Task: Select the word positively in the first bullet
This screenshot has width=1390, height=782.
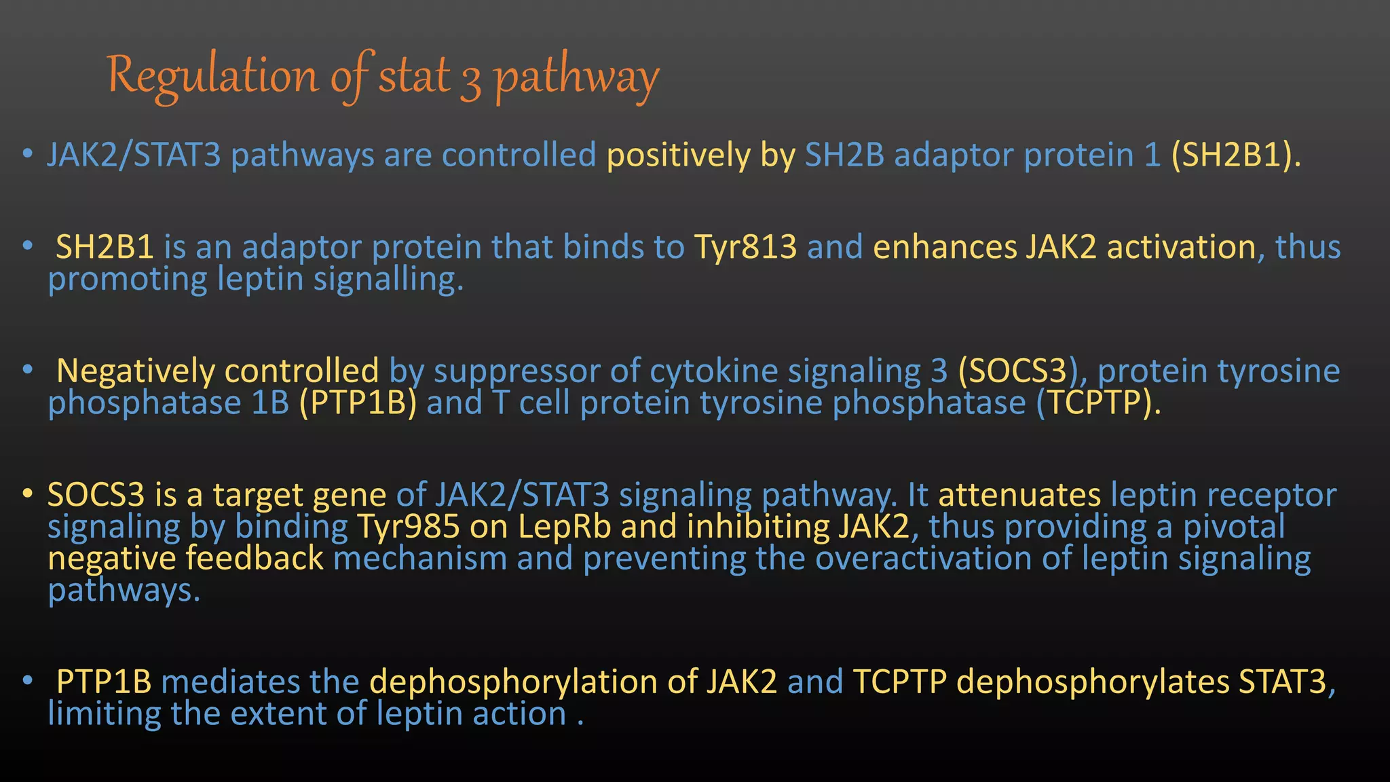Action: pyautogui.click(x=678, y=155)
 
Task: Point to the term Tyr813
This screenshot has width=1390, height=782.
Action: pyautogui.click(x=745, y=247)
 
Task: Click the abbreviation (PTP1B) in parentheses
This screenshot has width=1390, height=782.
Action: pyautogui.click(x=358, y=403)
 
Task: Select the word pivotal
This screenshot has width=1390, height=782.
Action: pyautogui.click(x=1234, y=527)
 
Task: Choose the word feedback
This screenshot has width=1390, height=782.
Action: pyautogui.click(x=255, y=559)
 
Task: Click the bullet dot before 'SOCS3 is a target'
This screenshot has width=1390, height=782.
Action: pyautogui.click(x=27, y=494)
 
